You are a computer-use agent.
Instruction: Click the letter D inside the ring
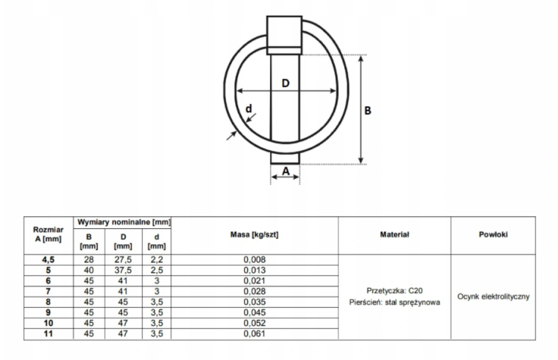(x=286, y=83)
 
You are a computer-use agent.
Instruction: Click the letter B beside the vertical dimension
(x=368, y=111)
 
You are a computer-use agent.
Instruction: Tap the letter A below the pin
(x=286, y=172)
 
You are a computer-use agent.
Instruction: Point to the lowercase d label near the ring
(x=248, y=109)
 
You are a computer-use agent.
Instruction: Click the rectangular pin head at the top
(x=284, y=35)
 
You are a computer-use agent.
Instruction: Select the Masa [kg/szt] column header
(x=254, y=235)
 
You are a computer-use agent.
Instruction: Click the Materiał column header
(x=394, y=234)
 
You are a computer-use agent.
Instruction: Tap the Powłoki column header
(x=493, y=234)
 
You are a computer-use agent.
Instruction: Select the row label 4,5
(x=48, y=260)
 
